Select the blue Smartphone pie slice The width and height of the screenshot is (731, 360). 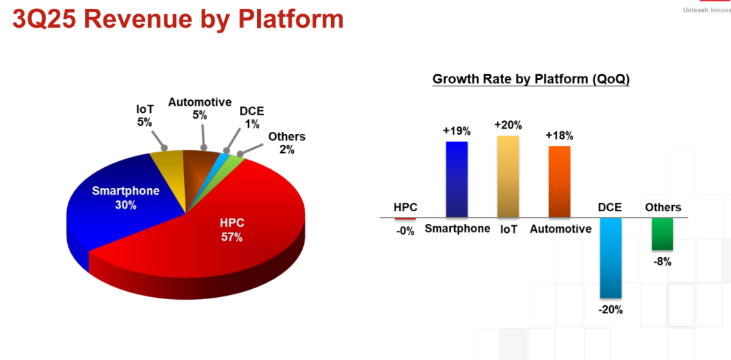pyautogui.click(x=116, y=205)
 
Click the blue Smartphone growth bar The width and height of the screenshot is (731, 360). pyautogui.click(x=457, y=179)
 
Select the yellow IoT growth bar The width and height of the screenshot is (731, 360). pyautogui.click(x=508, y=177)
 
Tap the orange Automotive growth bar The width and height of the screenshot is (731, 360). pyautogui.click(x=560, y=182)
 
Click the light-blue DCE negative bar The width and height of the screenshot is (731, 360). pyautogui.click(x=611, y=258)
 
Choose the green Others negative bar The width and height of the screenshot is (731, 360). pyautogui.click(x=662, y=234)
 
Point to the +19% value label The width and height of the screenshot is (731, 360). pyautogui.click(x=457, y=131)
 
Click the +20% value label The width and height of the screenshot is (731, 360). pyautogui.click(x=508, y=125)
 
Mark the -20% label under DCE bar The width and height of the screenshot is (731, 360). pyautogui.click(x=611, y=310)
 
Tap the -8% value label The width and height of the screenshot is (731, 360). pyautogui.click(x=662, y=262)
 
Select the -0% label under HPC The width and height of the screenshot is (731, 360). pyautogui.click(x=405, y=231)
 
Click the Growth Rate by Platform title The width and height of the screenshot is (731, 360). pyautogui.click(x=531, y=79)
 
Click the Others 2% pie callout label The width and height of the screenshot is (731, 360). pyautogui.click(x=287, y=143)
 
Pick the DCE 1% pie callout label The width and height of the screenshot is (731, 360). pyautogui.click(x=252, y=118)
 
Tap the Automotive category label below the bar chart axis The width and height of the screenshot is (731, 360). pyautogui.click(x=560, y=229)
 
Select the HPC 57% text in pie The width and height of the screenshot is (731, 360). pyautogui.click(x=231, y=230)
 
